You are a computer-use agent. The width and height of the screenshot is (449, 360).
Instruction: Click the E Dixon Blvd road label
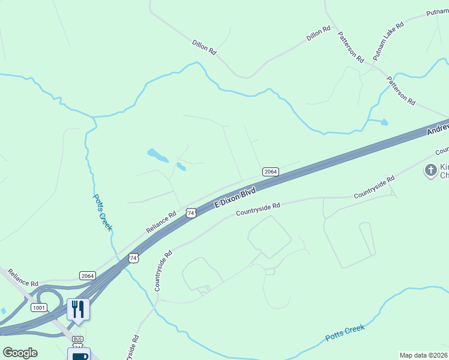pyautogui.click(x=235, y=197)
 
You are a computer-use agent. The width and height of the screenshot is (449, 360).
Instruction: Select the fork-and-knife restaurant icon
pyautogui.click(x=78, y=309)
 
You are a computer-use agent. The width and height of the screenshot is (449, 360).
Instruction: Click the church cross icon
pyautogui.click(x=430, y=170)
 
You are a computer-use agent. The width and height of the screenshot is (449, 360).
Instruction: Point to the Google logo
pyautogui.click(x=20, y=353)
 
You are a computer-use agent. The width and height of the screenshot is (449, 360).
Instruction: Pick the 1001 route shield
pyautogui.click(x=39, y=307)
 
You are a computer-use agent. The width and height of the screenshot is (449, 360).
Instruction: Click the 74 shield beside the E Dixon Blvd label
pyautogui.click(x=191, y=213)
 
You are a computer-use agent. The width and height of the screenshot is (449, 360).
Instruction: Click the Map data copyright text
pyautogui.click(x=424, y=355)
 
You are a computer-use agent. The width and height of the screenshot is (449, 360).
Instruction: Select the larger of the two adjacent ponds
pyautogui.click(x=158, y=155)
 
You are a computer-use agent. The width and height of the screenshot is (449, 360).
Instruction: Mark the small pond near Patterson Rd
pyautogui.click(x=383, y=122)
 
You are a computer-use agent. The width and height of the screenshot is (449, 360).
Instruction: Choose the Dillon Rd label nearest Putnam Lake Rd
pyautogui.click(x=318, y=33)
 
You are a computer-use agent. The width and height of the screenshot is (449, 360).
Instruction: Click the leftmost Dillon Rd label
pyautogui.click(x=204, y=48)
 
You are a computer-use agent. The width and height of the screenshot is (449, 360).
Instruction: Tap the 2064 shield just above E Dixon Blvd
pyautogui.click(x=271, y=172)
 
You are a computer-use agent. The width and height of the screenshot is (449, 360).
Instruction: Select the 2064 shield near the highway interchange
pyautogui.click(x=88, y=275)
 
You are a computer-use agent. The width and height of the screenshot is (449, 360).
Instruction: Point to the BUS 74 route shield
pyautogui.click(x=77, y=343)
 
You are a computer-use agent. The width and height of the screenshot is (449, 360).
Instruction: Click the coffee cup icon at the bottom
pyautogui.click(x=78, y=355)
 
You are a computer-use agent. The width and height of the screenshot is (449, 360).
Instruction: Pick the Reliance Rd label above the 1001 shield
pyautogui.click(x=23, y=277)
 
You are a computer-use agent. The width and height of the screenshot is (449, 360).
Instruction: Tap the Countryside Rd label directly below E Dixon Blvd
pyautogui.click(x=258, y=209)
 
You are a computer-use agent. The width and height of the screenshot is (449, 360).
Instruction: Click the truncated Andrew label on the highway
pyautogui.click(x=438, y=127)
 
